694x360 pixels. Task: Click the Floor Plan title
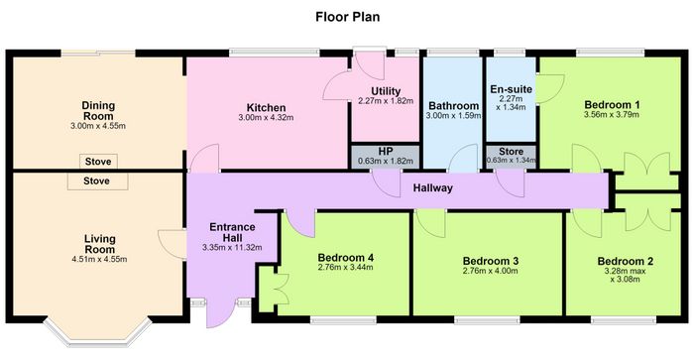click(x=347, y=17)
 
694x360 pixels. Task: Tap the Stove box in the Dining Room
click(x=98, y=162)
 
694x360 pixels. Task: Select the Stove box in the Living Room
click(x=97, y=181)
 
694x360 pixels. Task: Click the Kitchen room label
click(x=266, y=107)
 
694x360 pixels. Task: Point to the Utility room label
click(x=386, y=91)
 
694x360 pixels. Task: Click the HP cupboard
click(x=386, y=157)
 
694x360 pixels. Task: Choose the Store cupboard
click(x=512, y=157)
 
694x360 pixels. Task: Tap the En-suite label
click(x=512, y=89)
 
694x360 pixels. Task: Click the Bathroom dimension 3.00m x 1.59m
click(x=453, y=116)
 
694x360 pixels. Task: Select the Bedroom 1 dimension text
click(x=612, y=115)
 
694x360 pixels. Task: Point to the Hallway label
click(x=433, y=187)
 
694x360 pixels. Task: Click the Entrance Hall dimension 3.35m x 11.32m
click(x=232, y=248)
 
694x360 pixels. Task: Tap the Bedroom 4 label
click(x=346, y=257)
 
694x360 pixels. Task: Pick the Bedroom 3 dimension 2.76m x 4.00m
click(x=491, y=271)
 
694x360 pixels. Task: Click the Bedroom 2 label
click(x=625, y=261)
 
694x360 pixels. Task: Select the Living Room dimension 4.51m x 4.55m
click(x=99, y=259)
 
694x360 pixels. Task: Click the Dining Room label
click(x=98, y=111)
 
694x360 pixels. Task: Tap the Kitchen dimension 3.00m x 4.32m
click(x=266, y=118)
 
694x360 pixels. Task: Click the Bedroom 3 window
click(x=488, y=320)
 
